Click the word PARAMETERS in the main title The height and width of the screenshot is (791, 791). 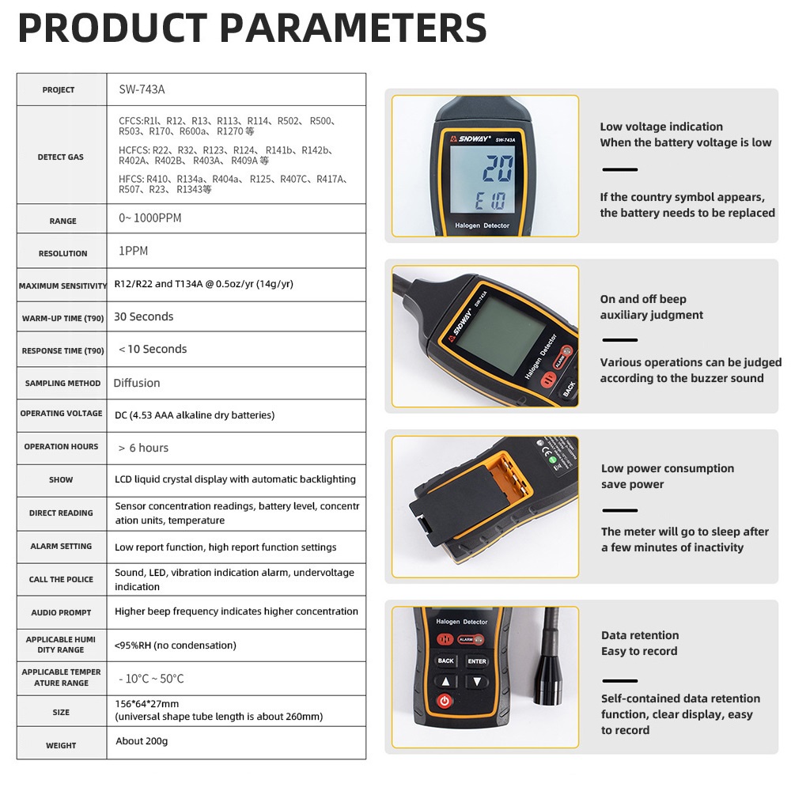click(x=353, y=28)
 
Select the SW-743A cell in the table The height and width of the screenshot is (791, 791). click(x=142, y=89)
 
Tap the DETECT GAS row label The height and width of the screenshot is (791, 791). click(x=61, y=157)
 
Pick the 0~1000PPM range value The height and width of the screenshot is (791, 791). click(x=150, y=218)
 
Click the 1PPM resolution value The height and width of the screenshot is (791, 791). click(x=134, y=252)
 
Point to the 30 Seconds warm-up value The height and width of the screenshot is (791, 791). click(x=143, y=316)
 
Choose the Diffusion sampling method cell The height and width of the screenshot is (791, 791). click(x=137, y=383)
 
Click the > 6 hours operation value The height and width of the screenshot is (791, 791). click(x=143, y=448)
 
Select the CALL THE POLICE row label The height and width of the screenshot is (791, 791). click(x=61, y=579)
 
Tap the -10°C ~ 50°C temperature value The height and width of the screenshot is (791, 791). click(x=151, y=679)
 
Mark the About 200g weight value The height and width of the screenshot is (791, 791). click(x=142, y=741)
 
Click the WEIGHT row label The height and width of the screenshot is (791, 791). click(x=61, y=745)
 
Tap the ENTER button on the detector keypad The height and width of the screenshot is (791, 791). click(x=477, y=661)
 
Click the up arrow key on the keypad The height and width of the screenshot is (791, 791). click(x=446, y=681)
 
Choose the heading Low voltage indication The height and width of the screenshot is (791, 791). click(x=661, y=127)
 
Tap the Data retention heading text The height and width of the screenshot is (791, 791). click(x=639, y=635)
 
